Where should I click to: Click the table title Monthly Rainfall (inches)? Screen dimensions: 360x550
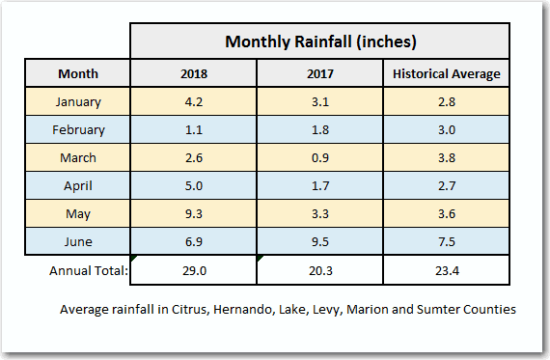coord(319,42)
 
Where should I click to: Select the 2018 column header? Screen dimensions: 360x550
coord(193,73)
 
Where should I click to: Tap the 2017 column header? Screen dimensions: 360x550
coord(319,73)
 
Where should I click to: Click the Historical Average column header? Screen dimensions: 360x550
coord(446,73)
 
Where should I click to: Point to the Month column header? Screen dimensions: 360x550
coord(77,73)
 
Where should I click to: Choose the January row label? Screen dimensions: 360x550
coord(77,101)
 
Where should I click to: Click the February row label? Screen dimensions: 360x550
coord(77,129)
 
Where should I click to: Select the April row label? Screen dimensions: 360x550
coord(77,185)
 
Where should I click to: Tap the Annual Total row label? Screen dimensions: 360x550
coord(88,270)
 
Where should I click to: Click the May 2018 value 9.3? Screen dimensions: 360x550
coord(193,213)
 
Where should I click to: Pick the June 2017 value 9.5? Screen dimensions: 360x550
coord(319,241)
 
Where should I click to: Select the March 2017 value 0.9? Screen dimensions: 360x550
coord(319,157)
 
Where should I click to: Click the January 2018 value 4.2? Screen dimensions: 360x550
coord(193,101)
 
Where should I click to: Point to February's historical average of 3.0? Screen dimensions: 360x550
coord(446,129)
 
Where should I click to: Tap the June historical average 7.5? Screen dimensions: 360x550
coord(446,241)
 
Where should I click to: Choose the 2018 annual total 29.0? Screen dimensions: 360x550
coord(193,271)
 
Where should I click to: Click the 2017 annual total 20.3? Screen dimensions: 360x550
coord(319,271)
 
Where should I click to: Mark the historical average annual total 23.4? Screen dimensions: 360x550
coord(446,271)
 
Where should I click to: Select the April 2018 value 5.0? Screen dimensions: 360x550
coord(193,185)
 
